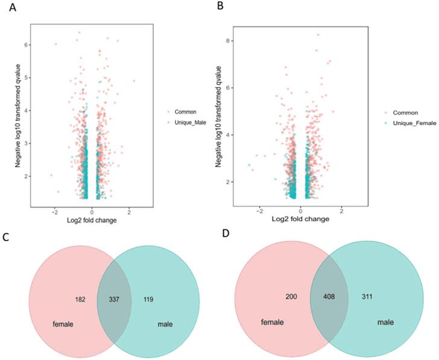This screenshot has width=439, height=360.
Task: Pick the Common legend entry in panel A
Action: click(186, 111)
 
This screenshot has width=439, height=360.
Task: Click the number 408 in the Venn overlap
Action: click(330, 298)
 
